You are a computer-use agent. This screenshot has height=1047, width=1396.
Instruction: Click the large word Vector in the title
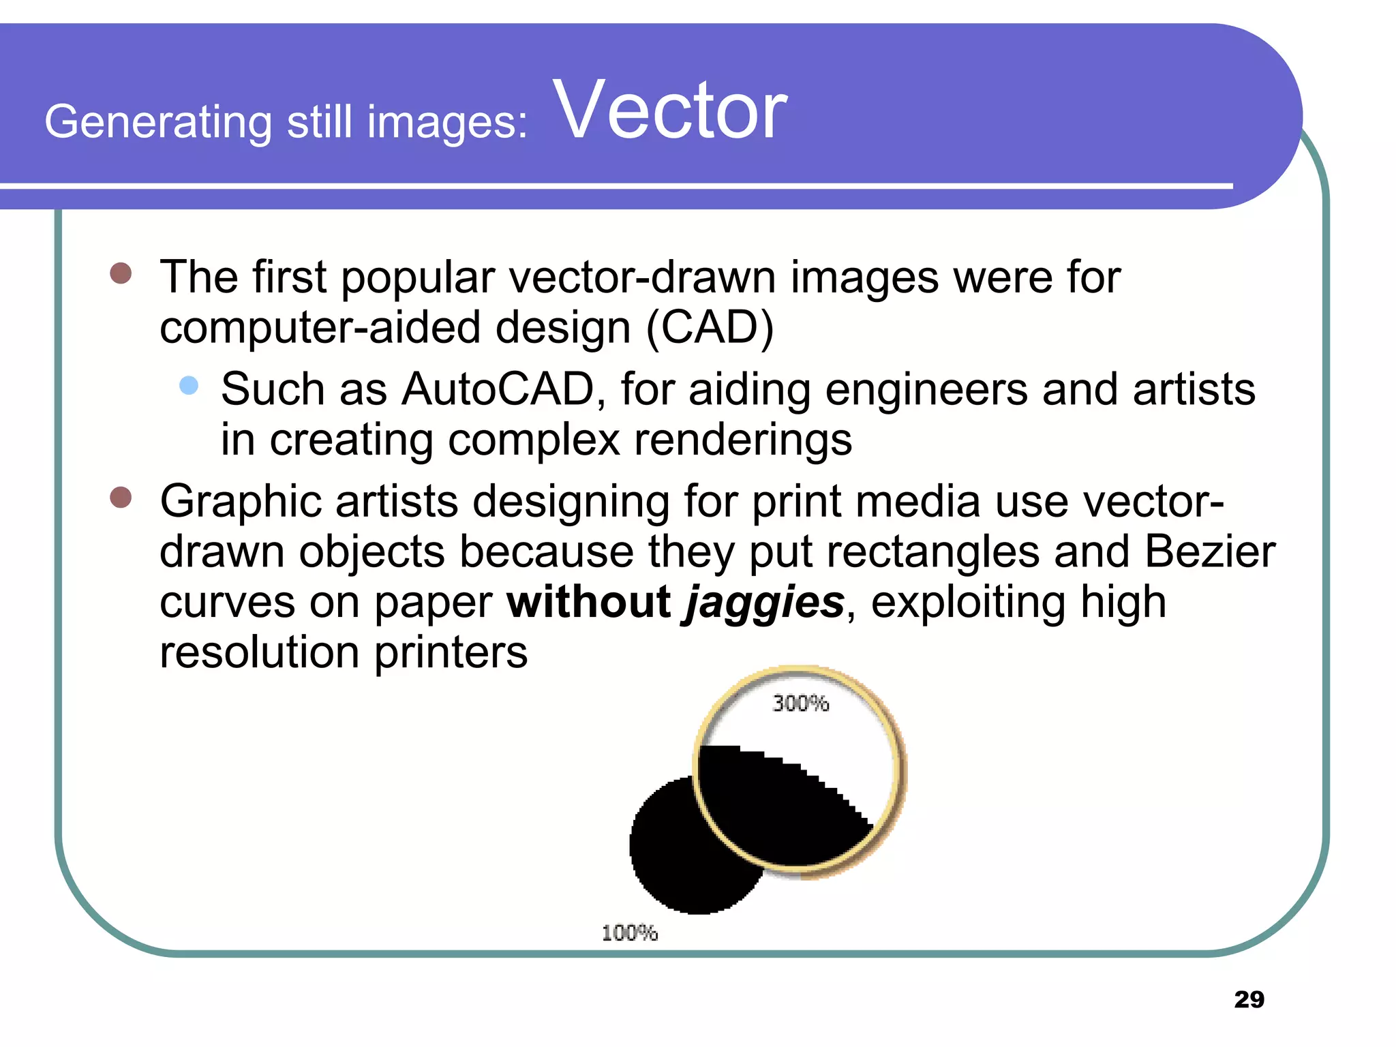coord(671,110)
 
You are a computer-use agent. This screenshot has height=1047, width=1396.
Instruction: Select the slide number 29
coord(1249,999)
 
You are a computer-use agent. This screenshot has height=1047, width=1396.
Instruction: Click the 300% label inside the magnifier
coord(800,703)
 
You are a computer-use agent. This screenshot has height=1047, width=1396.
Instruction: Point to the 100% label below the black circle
coord(629,932)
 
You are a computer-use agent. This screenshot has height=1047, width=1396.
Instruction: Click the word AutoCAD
coord(498,390)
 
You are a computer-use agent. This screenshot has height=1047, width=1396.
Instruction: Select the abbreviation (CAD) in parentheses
coord(710,329)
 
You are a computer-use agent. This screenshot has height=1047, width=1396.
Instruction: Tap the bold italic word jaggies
coord(765,603)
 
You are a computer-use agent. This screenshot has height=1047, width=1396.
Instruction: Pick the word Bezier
coord(1209,551)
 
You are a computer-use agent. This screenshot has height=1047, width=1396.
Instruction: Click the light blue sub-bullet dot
coord(189,386)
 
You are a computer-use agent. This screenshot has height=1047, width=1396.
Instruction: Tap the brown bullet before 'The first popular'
coord(121,273)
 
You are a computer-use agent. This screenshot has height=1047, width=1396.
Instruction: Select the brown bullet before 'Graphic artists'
coord(121,497)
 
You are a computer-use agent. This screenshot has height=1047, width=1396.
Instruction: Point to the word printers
coord(451,652)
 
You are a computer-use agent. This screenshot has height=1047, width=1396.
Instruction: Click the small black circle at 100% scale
coord(675,852)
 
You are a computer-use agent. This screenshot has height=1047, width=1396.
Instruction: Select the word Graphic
coord(241,502)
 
